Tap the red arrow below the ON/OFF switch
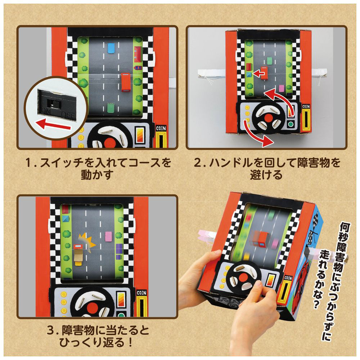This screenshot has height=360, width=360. [54, 125]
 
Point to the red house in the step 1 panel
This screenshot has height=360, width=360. [138, 54]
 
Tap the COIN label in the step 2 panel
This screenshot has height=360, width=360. [306, 106]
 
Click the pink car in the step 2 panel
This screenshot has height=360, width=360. [281, 88]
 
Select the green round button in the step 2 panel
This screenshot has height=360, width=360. [291, 125]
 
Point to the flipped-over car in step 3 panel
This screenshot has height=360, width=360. [78, 255]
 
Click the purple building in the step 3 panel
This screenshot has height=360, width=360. [119, 252]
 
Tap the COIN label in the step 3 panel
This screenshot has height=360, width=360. [141, 293]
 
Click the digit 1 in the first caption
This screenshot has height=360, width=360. [28, 163]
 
